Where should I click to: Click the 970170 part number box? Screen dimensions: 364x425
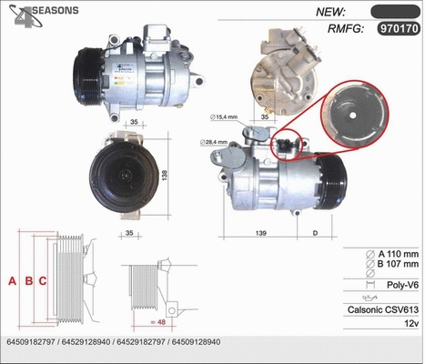398,29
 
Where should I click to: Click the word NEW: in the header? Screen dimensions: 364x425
329,12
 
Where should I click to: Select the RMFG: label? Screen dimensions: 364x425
338,29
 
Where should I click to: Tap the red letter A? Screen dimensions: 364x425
12,280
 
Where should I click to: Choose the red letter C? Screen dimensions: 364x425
43,280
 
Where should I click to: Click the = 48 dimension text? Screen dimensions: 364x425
161,321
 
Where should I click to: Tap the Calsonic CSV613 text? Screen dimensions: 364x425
383,309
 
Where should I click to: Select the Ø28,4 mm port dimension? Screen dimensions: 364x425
215,143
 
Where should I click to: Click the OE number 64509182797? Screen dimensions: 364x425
31,341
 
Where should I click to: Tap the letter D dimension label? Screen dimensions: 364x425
315,234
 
